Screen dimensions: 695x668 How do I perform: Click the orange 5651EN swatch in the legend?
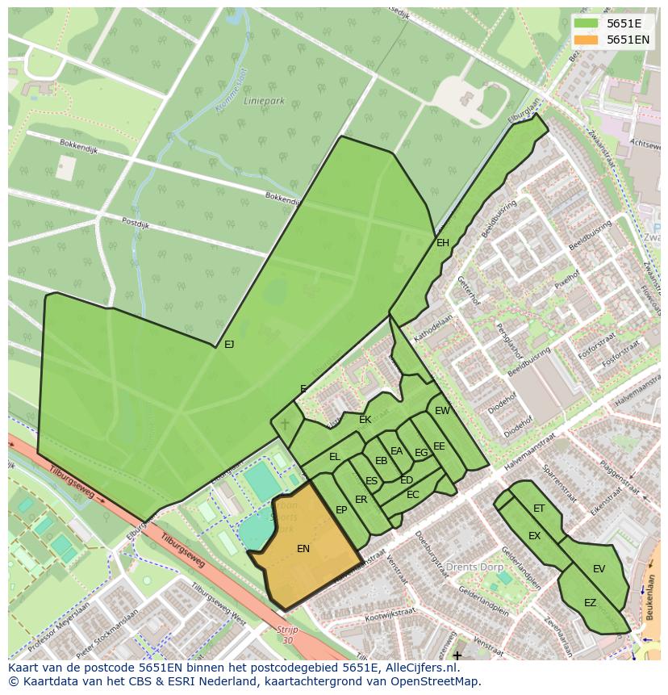pyautogui.click(x=587, y=40)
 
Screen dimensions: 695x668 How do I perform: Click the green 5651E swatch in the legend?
pyautogui.click(x=587, y=23)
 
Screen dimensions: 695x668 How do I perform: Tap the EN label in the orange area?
pyautogui.click(x=303, y=549)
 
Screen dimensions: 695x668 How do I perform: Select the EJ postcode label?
pyautogui.click(x=229, y=345)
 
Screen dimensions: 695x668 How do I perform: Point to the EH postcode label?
pyautogui.click(x=443, y=243)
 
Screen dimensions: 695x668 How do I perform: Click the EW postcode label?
pyautogui.click(x=442, y=411)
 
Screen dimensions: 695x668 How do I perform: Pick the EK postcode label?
pyautogui.click(x=365, y=420)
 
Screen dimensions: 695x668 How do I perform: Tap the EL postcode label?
pyautogui.click(x=335, y=457)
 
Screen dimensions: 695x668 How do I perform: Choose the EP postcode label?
pyautogui.click(x=341, y=510)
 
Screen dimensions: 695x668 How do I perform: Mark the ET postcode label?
pyautogui.click(x=539, y=509)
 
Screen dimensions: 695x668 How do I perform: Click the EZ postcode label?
pyautogui.click(x=590, y=603)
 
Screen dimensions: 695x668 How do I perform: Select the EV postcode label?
pyautogui.click(x=599, y=569)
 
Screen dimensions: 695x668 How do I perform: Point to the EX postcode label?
pyautogui.click(x=534, y=536)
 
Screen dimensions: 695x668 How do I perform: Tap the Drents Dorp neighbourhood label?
pyautogui.click(x=475, y=566)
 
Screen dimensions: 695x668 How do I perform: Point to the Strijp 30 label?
pyautogui.click(x=286, y=634)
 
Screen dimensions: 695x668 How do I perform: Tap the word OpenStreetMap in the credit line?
pyautogui.click(x=436, y=681)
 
